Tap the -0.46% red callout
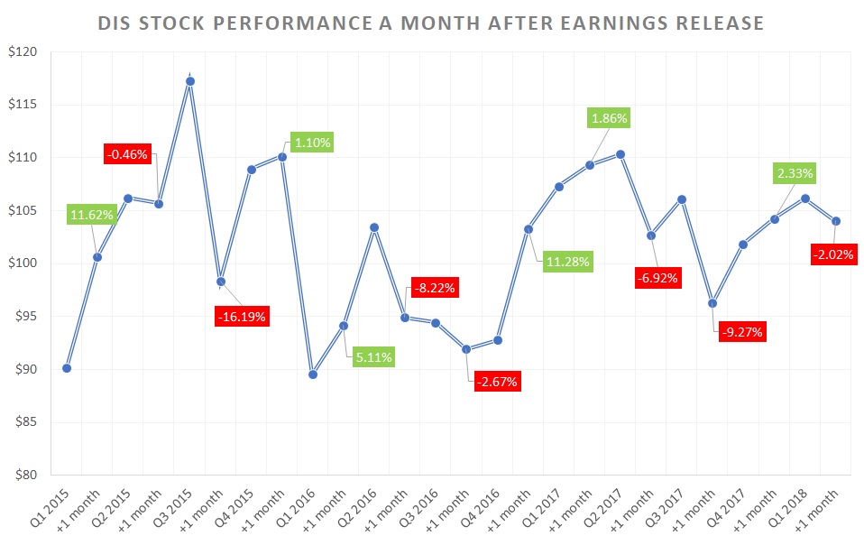point(129,153)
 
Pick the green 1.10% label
point(312,142)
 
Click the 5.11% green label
point(373,356)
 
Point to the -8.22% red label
point(436,289)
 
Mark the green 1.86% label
point(609,118)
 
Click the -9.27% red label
point(742,331)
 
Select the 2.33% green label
point(793,172)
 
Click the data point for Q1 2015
point(67,368)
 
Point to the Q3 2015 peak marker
point(190,81)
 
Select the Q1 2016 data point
point(313,374)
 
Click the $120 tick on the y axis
point(26,52)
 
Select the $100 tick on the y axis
point(26,263)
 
